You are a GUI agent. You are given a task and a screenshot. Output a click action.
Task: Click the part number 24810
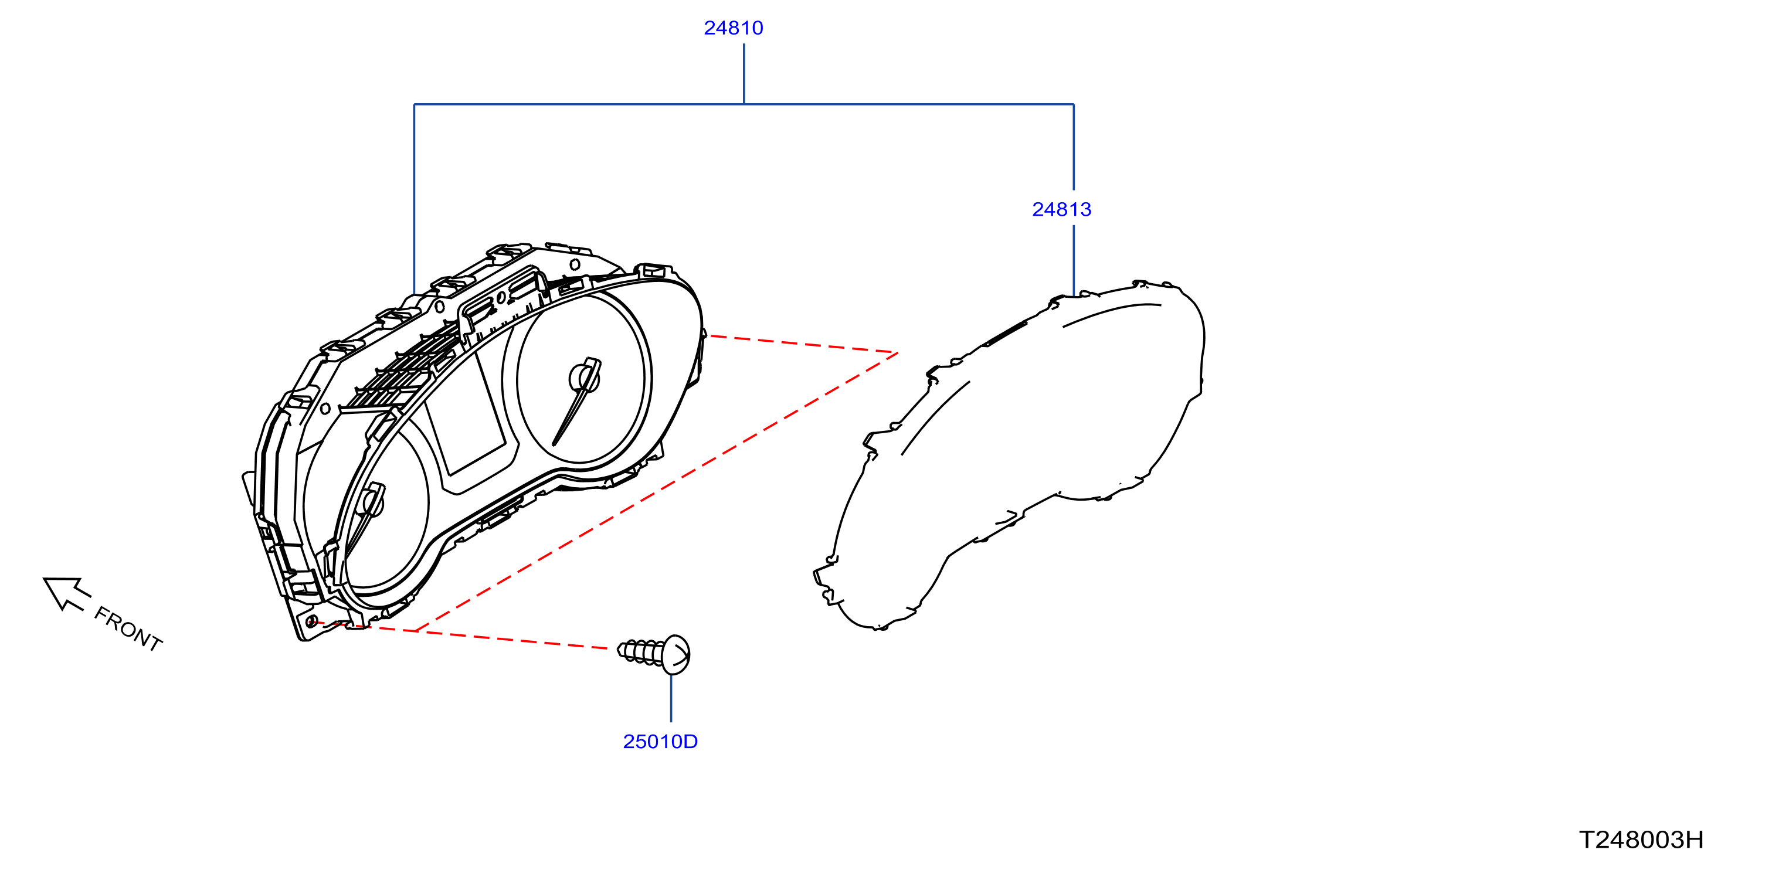pyautogui.click(x=734, y=28)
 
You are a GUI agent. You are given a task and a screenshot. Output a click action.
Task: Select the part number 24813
pyautogui.click(x=1061, y=210)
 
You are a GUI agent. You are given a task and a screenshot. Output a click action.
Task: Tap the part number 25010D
pyautogui.click(x=660, y=742)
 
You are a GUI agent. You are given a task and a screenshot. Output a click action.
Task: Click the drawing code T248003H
pyautogui.click(x=1641, y=840)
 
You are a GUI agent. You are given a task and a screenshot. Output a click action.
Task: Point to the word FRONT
pyautogui.click(x=128, y=628)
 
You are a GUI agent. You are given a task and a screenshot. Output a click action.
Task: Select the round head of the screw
pyautogui.click(x=675, y=655)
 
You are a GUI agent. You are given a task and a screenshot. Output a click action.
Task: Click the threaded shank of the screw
pyautogui.click(x=640, y=651)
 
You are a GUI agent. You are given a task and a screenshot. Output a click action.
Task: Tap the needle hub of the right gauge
pyautogui.click(x=585, y=379)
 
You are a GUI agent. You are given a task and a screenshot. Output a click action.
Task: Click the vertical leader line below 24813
pyautogui.click(x=1074, y=261)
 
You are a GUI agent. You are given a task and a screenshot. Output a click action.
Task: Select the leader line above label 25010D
pyautogui.click(x=671, y=699)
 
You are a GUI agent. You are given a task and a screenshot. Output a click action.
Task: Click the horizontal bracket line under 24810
pyautogui.click(x=744, y=104)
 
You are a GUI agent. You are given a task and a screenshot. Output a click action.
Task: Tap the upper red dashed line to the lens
pyautogui.click(x=802, y=344)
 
